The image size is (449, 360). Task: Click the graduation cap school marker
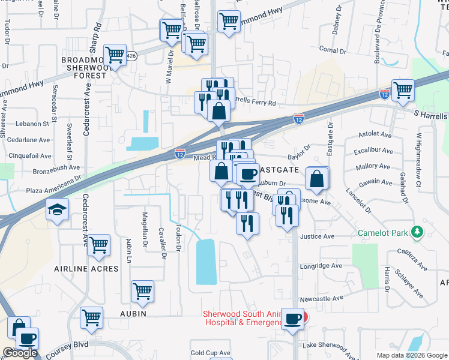tap(57, 209)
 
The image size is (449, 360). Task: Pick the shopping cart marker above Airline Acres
tap(98, 244)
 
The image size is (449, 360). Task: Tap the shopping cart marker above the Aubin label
tap(142, 291)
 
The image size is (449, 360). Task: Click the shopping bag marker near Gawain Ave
tap(316, 178)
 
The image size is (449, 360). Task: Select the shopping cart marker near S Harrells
tap(403, 90)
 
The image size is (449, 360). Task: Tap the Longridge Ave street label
tap(321, 266)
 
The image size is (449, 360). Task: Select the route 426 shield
tap(132, 56)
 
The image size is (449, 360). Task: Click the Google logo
tap(19, 353)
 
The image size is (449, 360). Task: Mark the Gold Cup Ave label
tap(210, 353)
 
